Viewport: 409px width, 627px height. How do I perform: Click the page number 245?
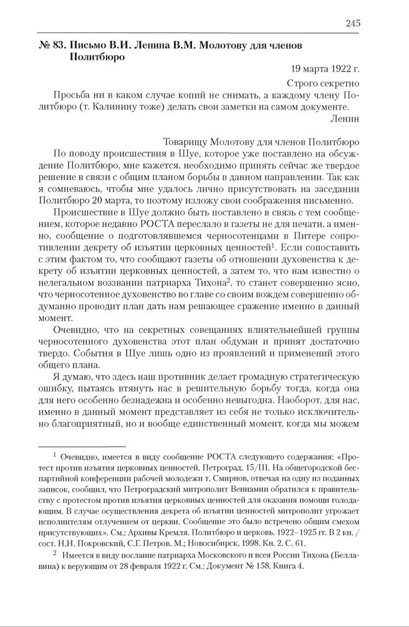pyautogui.click(x=352, y=23)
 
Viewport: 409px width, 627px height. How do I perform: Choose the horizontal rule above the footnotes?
pyautogui.click(x=82, y=446)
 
